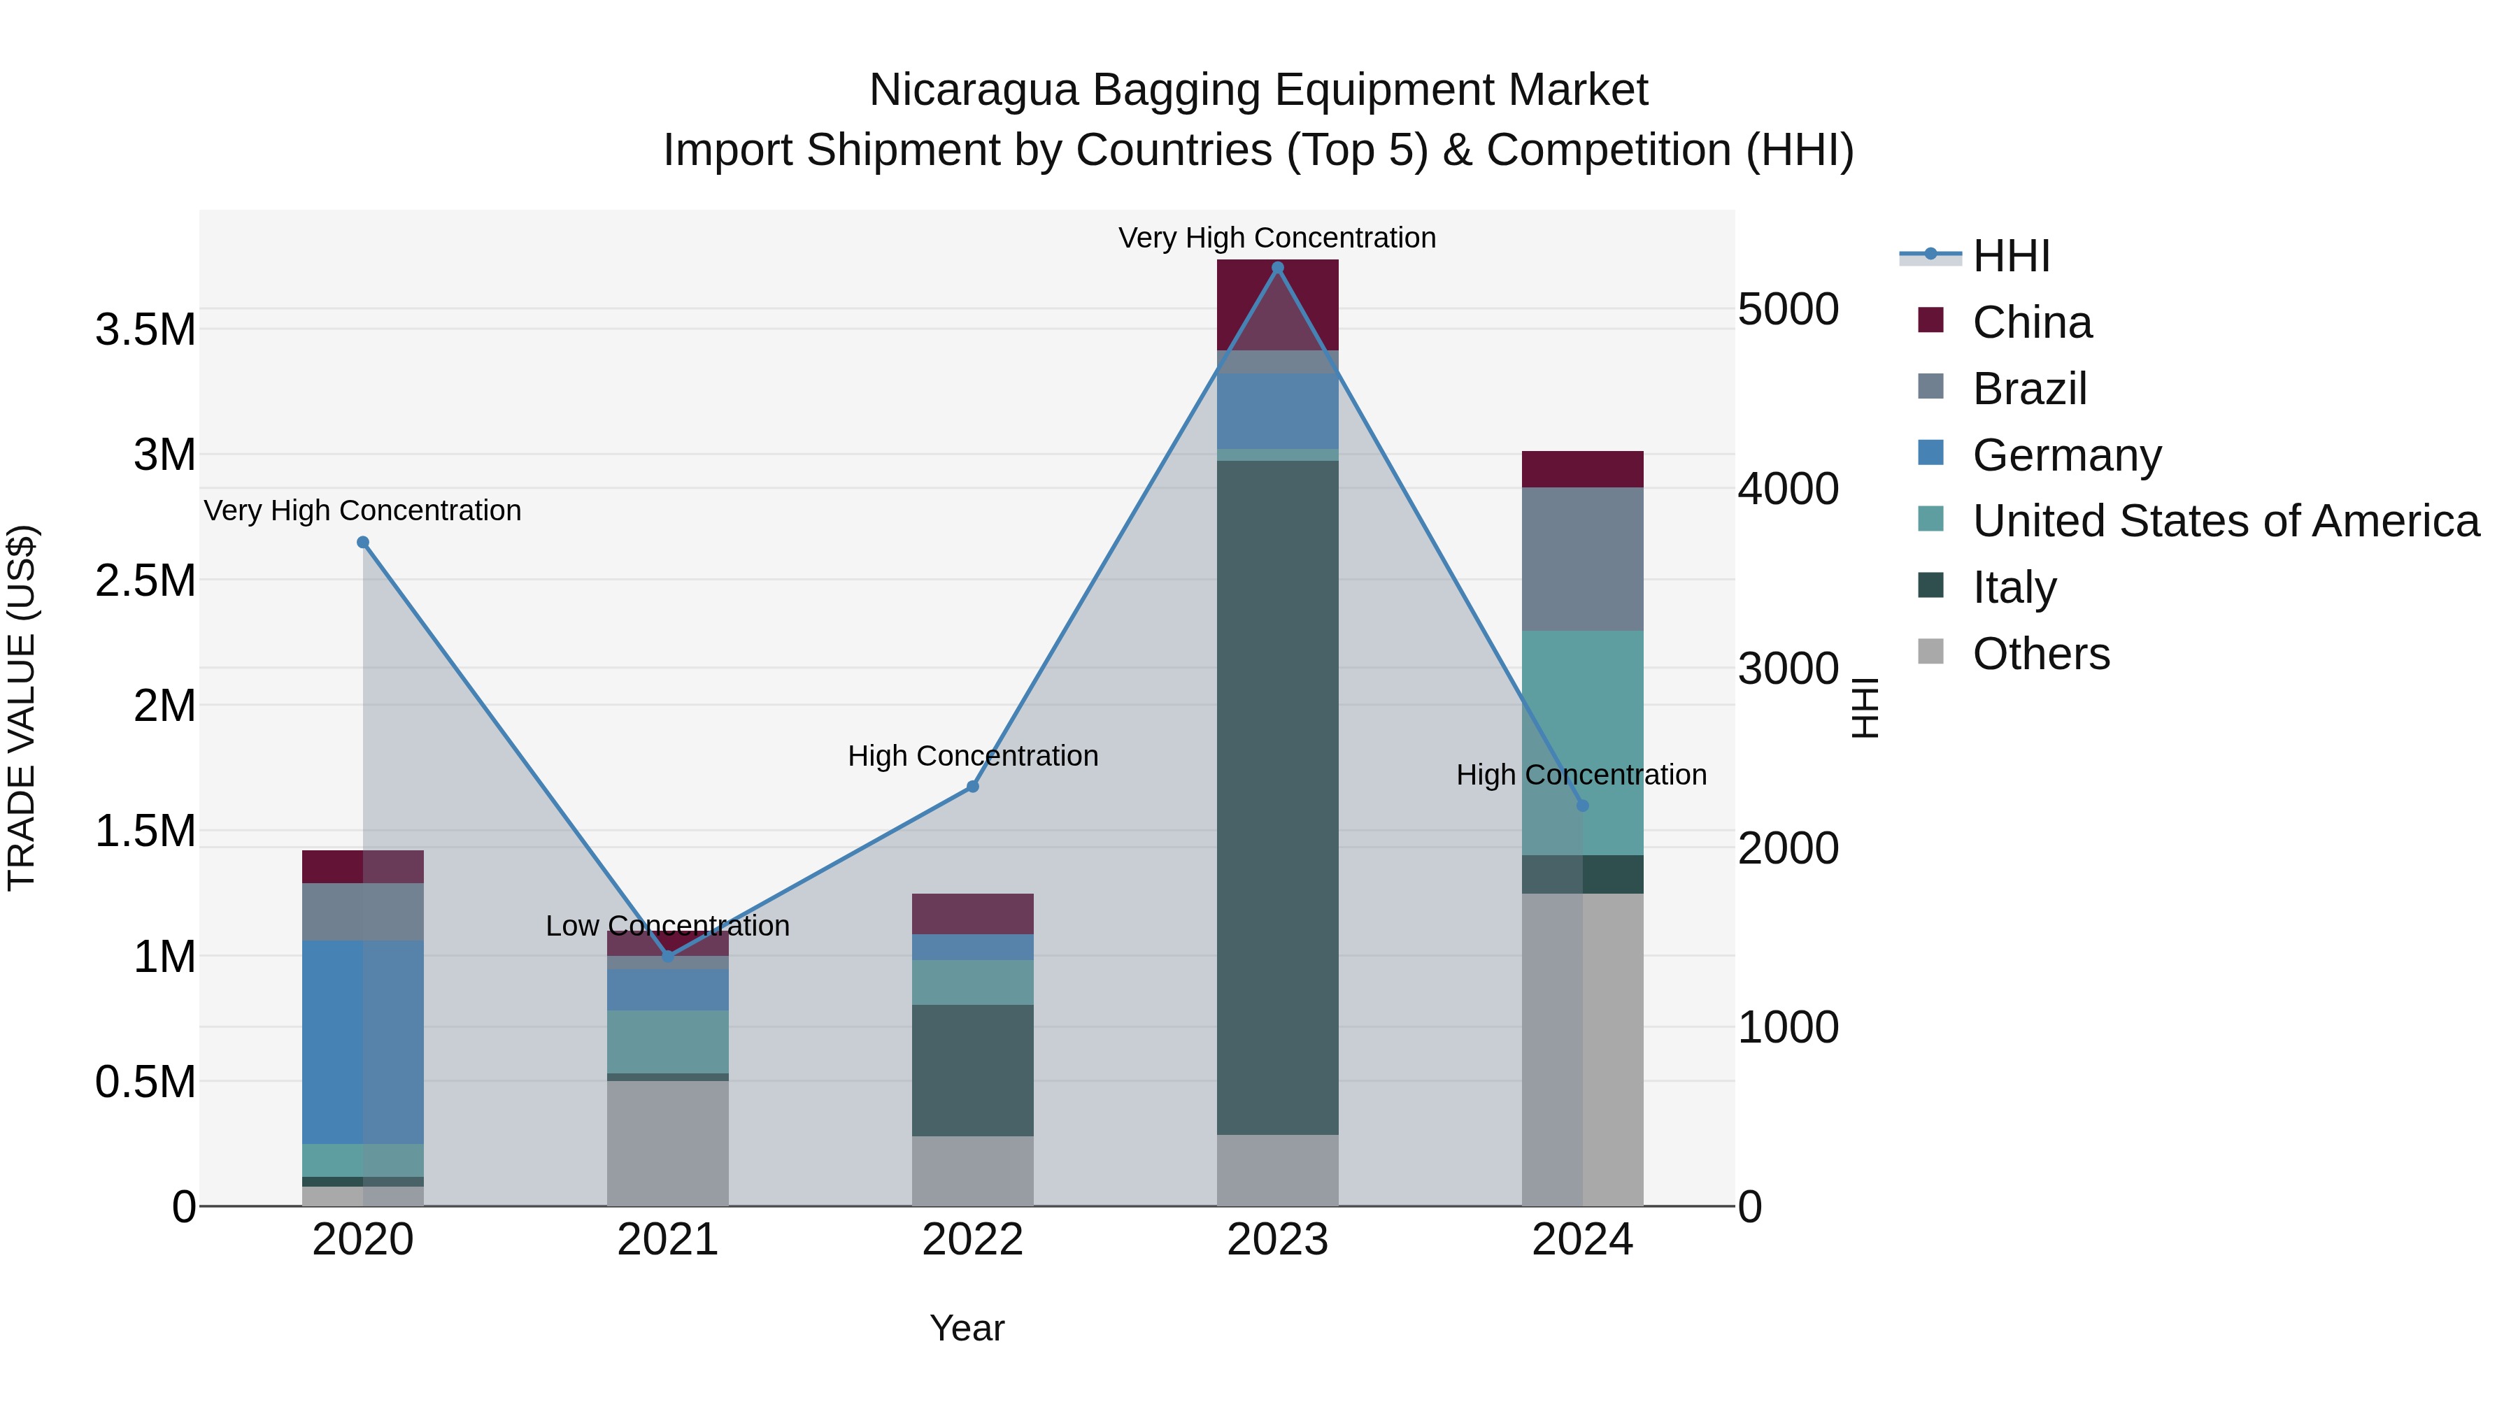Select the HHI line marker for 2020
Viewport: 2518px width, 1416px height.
(x=362, y=543)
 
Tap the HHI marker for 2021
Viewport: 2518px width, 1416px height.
(x=668, y=957)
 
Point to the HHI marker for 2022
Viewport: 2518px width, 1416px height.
(x=973, y=787)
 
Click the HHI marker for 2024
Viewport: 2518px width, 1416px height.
(x=1583, y=806)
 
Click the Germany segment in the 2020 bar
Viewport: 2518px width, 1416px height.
(x=362, y=1042)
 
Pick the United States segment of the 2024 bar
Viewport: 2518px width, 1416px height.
(x=1583, y=743)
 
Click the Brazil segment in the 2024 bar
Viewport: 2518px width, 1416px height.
(x=1583, y=559)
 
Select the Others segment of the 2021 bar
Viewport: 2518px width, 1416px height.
(x=668, y=1143)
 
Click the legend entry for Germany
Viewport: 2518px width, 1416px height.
(x=2065, y=455)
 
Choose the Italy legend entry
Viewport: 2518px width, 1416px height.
(x=2014, y=587)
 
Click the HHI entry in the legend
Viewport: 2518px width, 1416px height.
(x=2010, y=256)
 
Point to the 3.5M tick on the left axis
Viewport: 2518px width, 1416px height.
(x=145, y=330)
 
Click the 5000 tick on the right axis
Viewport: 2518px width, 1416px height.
(x=1788, y=309)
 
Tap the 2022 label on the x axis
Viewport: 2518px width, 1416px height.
(x=973, y=1240)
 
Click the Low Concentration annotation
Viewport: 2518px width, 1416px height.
(x=668, y=925)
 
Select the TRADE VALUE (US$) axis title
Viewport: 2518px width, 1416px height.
(x=22, y=708)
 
